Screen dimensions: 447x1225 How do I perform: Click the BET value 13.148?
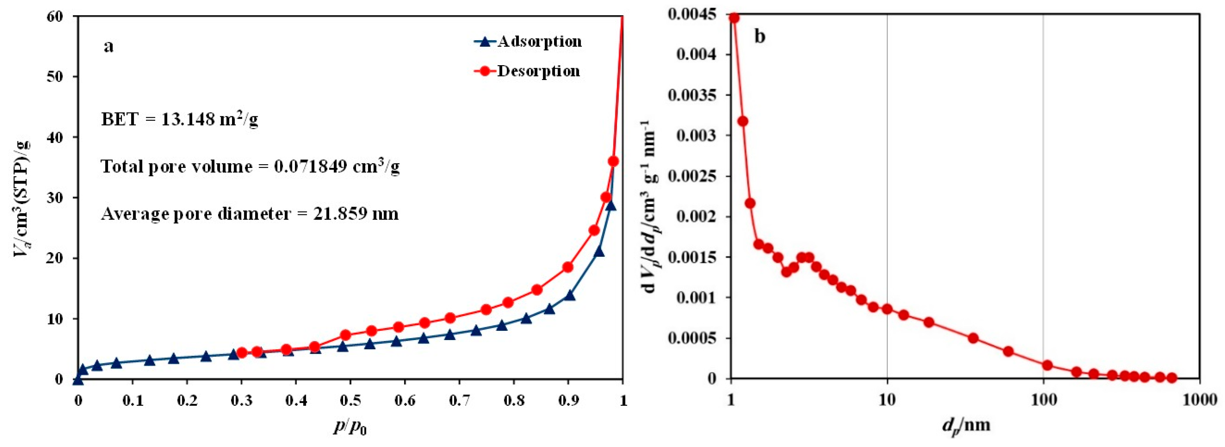point(188,119)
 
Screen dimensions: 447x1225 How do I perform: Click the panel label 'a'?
point(108,46)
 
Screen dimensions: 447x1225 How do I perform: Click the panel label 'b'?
point(760,37)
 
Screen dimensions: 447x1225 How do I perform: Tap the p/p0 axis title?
point(350,427)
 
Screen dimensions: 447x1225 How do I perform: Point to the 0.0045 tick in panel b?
point(692,15)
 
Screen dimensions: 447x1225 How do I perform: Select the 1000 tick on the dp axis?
point(1199,401)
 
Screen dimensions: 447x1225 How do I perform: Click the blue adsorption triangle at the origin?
point(78,380)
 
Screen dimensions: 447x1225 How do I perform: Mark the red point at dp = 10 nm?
point(887,309)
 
